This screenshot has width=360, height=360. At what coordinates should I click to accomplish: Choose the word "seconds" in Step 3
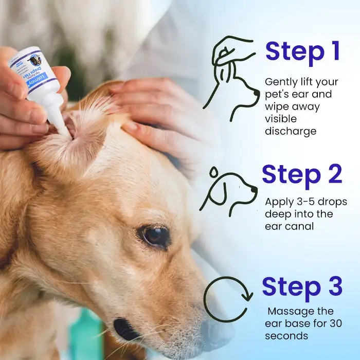(286, 336)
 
